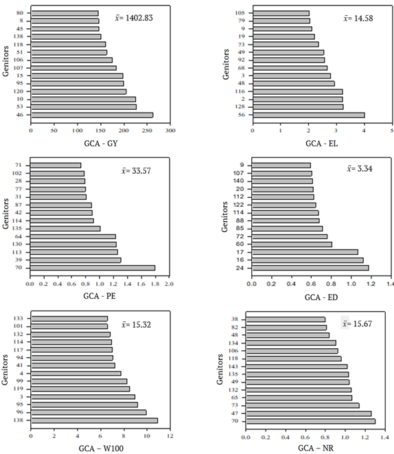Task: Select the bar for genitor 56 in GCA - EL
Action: click(308, 115)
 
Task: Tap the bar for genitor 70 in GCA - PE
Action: click(92, 268)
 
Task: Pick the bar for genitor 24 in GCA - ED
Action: click(310, 268)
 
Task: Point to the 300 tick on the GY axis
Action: click(170, 130)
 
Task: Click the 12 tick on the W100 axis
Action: click(170, 435)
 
